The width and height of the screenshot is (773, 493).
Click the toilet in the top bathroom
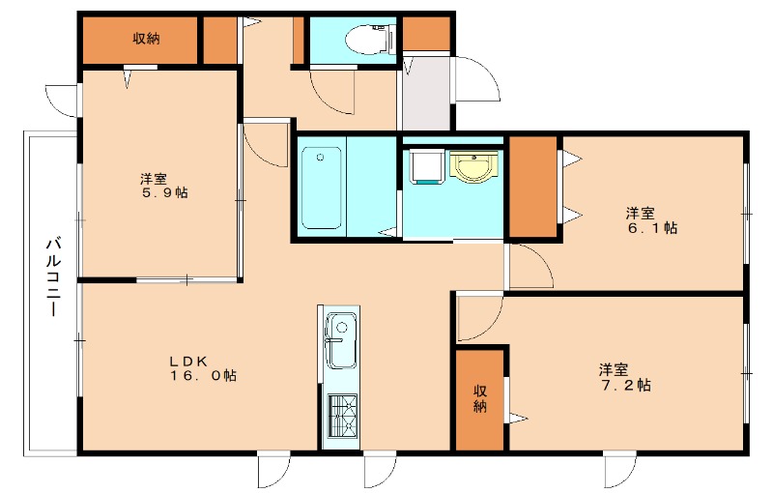(371, 40)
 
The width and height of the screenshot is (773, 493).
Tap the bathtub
(322, 188)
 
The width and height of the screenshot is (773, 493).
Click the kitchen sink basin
(341, 340)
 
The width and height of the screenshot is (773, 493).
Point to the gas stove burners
(343, 416)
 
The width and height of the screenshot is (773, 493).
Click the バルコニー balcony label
(54, 277)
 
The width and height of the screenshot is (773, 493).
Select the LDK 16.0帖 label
(203, 368)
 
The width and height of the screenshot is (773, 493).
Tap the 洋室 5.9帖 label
(164, 186)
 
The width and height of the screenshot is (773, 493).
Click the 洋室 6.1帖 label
(651, 220)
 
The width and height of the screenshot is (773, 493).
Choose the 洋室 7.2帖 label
(625, 377)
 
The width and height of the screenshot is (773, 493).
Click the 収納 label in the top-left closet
(146, 39)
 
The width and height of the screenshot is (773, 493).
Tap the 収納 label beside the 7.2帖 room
(480, 398)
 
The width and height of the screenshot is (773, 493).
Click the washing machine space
(425, 166)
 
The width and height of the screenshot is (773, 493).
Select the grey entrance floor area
(426, 94)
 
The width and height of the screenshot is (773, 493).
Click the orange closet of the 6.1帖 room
(533, 187)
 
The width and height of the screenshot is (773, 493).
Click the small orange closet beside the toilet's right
(426, 34)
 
